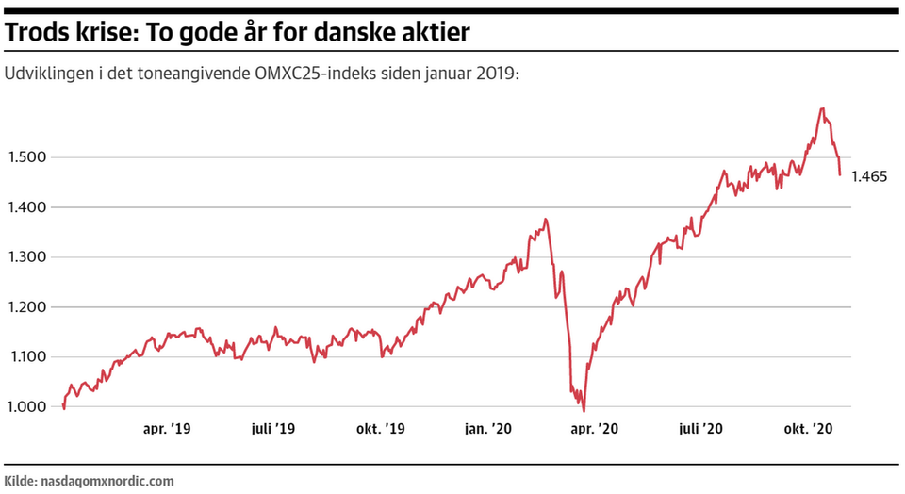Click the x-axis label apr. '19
[x=167, y=429]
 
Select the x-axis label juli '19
[x=273, y=429]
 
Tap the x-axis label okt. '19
[x=381, y=429]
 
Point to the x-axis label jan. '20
[x=488, y=429]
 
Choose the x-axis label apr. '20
[x=595, y=429]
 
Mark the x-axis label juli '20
[x=701, y=429]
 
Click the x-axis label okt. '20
[x=809, y=429]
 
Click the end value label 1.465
[x=869, y=176]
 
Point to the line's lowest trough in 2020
[x=584, y=411]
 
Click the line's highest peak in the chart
[x=822, y=108]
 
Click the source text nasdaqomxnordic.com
[x=107, y=481]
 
